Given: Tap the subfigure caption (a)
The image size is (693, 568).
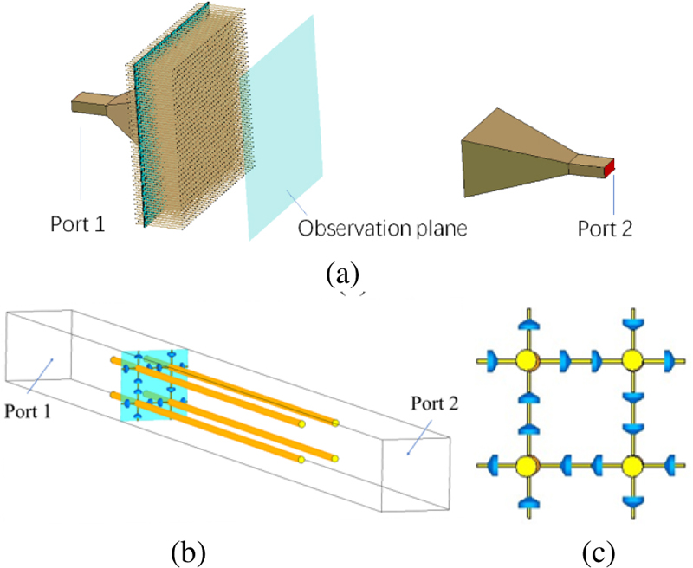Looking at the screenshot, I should point(342,275).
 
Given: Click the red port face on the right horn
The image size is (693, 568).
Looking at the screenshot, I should point(610,167).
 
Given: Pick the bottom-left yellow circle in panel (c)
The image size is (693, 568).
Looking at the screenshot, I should point(524,466).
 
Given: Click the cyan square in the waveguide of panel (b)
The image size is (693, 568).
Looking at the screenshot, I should point(154,385).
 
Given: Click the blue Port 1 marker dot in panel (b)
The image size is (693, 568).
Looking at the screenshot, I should point(52,359).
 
